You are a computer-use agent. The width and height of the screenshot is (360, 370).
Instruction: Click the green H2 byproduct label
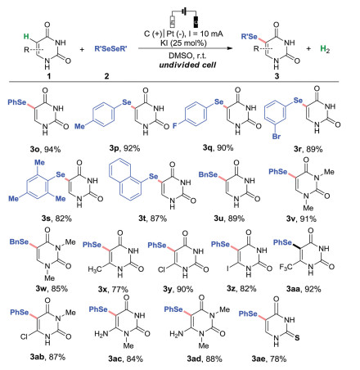click(325, 49)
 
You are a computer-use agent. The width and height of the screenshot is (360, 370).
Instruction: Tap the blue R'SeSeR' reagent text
click(110, 49)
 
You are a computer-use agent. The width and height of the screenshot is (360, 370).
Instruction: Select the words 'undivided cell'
click(187, 65)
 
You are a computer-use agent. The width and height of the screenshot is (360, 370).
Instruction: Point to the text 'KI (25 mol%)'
click(183, 43)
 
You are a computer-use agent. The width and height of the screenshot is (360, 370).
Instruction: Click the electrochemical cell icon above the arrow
click(184, 18)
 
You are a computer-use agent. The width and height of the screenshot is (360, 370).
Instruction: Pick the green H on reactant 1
click(26, 36)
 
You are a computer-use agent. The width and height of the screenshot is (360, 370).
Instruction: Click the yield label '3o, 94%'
click(46, 149)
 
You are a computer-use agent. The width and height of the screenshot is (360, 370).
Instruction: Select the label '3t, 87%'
click(152, 219)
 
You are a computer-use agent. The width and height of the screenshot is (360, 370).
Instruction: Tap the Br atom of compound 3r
click(277, 136)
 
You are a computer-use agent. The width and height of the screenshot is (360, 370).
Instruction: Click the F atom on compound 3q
click(175, 126)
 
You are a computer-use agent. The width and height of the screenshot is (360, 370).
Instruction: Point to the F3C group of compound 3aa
click(286, 266)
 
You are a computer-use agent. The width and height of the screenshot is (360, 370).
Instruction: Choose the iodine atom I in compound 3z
click(228, 268)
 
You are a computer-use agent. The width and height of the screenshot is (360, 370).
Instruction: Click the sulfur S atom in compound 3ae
click(297, 338)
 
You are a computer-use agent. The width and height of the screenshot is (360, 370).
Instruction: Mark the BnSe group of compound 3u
click(208, 174)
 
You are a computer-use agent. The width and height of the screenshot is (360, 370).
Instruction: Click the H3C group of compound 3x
click(94, 269)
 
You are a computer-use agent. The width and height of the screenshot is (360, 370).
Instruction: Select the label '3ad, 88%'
click(205, 359)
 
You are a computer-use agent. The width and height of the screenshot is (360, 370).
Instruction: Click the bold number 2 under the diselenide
click(106, 75)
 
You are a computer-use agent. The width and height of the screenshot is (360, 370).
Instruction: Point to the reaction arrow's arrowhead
click(230, 48)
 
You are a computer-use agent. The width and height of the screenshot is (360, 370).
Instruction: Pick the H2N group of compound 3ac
click(101, 333)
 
